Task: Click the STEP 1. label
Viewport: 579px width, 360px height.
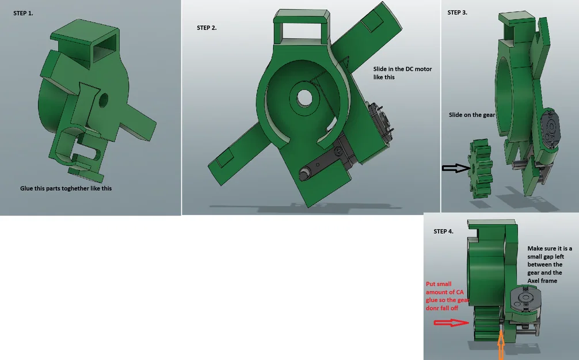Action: [23, 13]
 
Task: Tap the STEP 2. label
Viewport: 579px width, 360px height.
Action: [207, 28]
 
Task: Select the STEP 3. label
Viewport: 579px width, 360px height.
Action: [457, 13]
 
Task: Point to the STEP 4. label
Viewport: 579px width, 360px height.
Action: [444, 232]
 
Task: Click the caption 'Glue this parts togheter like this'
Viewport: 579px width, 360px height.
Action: [66, 188]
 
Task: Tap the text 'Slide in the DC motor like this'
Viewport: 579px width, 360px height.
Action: [402, 73]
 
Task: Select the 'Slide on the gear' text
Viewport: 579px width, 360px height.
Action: [472, 115]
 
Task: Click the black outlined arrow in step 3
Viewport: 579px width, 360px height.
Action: [456, 168]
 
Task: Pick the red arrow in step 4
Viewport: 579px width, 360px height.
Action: [451, 323]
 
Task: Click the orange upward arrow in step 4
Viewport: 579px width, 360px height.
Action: [501, 346]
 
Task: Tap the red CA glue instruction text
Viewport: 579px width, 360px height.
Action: [447, 295]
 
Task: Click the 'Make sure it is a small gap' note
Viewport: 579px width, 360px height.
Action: [550, 264]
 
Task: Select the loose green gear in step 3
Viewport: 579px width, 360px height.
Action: [481, 168]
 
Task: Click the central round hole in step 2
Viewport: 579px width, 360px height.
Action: [304, 98]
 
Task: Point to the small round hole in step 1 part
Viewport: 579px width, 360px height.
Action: [104, 100]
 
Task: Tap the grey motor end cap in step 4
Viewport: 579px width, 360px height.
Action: [525, 299]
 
